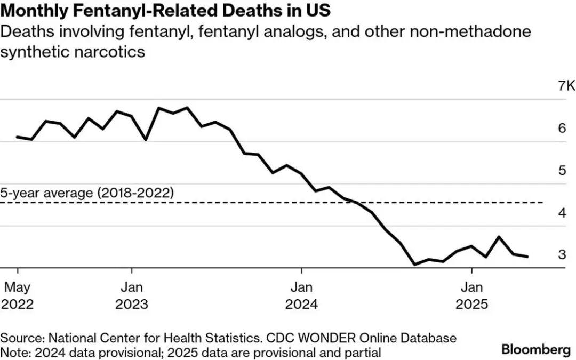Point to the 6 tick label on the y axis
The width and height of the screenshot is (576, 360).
(562, 128)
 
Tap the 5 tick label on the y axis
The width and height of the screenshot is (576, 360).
(562, 170)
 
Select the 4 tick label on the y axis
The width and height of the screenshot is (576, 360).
(562, 212)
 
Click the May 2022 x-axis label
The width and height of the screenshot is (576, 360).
(18, 296)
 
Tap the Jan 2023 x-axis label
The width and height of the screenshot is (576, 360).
(132, 296)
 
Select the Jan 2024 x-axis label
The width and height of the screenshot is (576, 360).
(301, 296)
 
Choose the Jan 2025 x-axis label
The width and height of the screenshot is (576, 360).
(471, 296)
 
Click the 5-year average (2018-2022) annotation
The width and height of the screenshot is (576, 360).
(87, 193)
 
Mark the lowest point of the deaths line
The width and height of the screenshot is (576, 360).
(414, 264)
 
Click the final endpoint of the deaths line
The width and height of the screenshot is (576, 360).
(527, 257)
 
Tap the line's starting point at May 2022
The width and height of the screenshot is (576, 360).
(18, 137)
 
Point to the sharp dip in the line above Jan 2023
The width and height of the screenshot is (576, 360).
(146, 140)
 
